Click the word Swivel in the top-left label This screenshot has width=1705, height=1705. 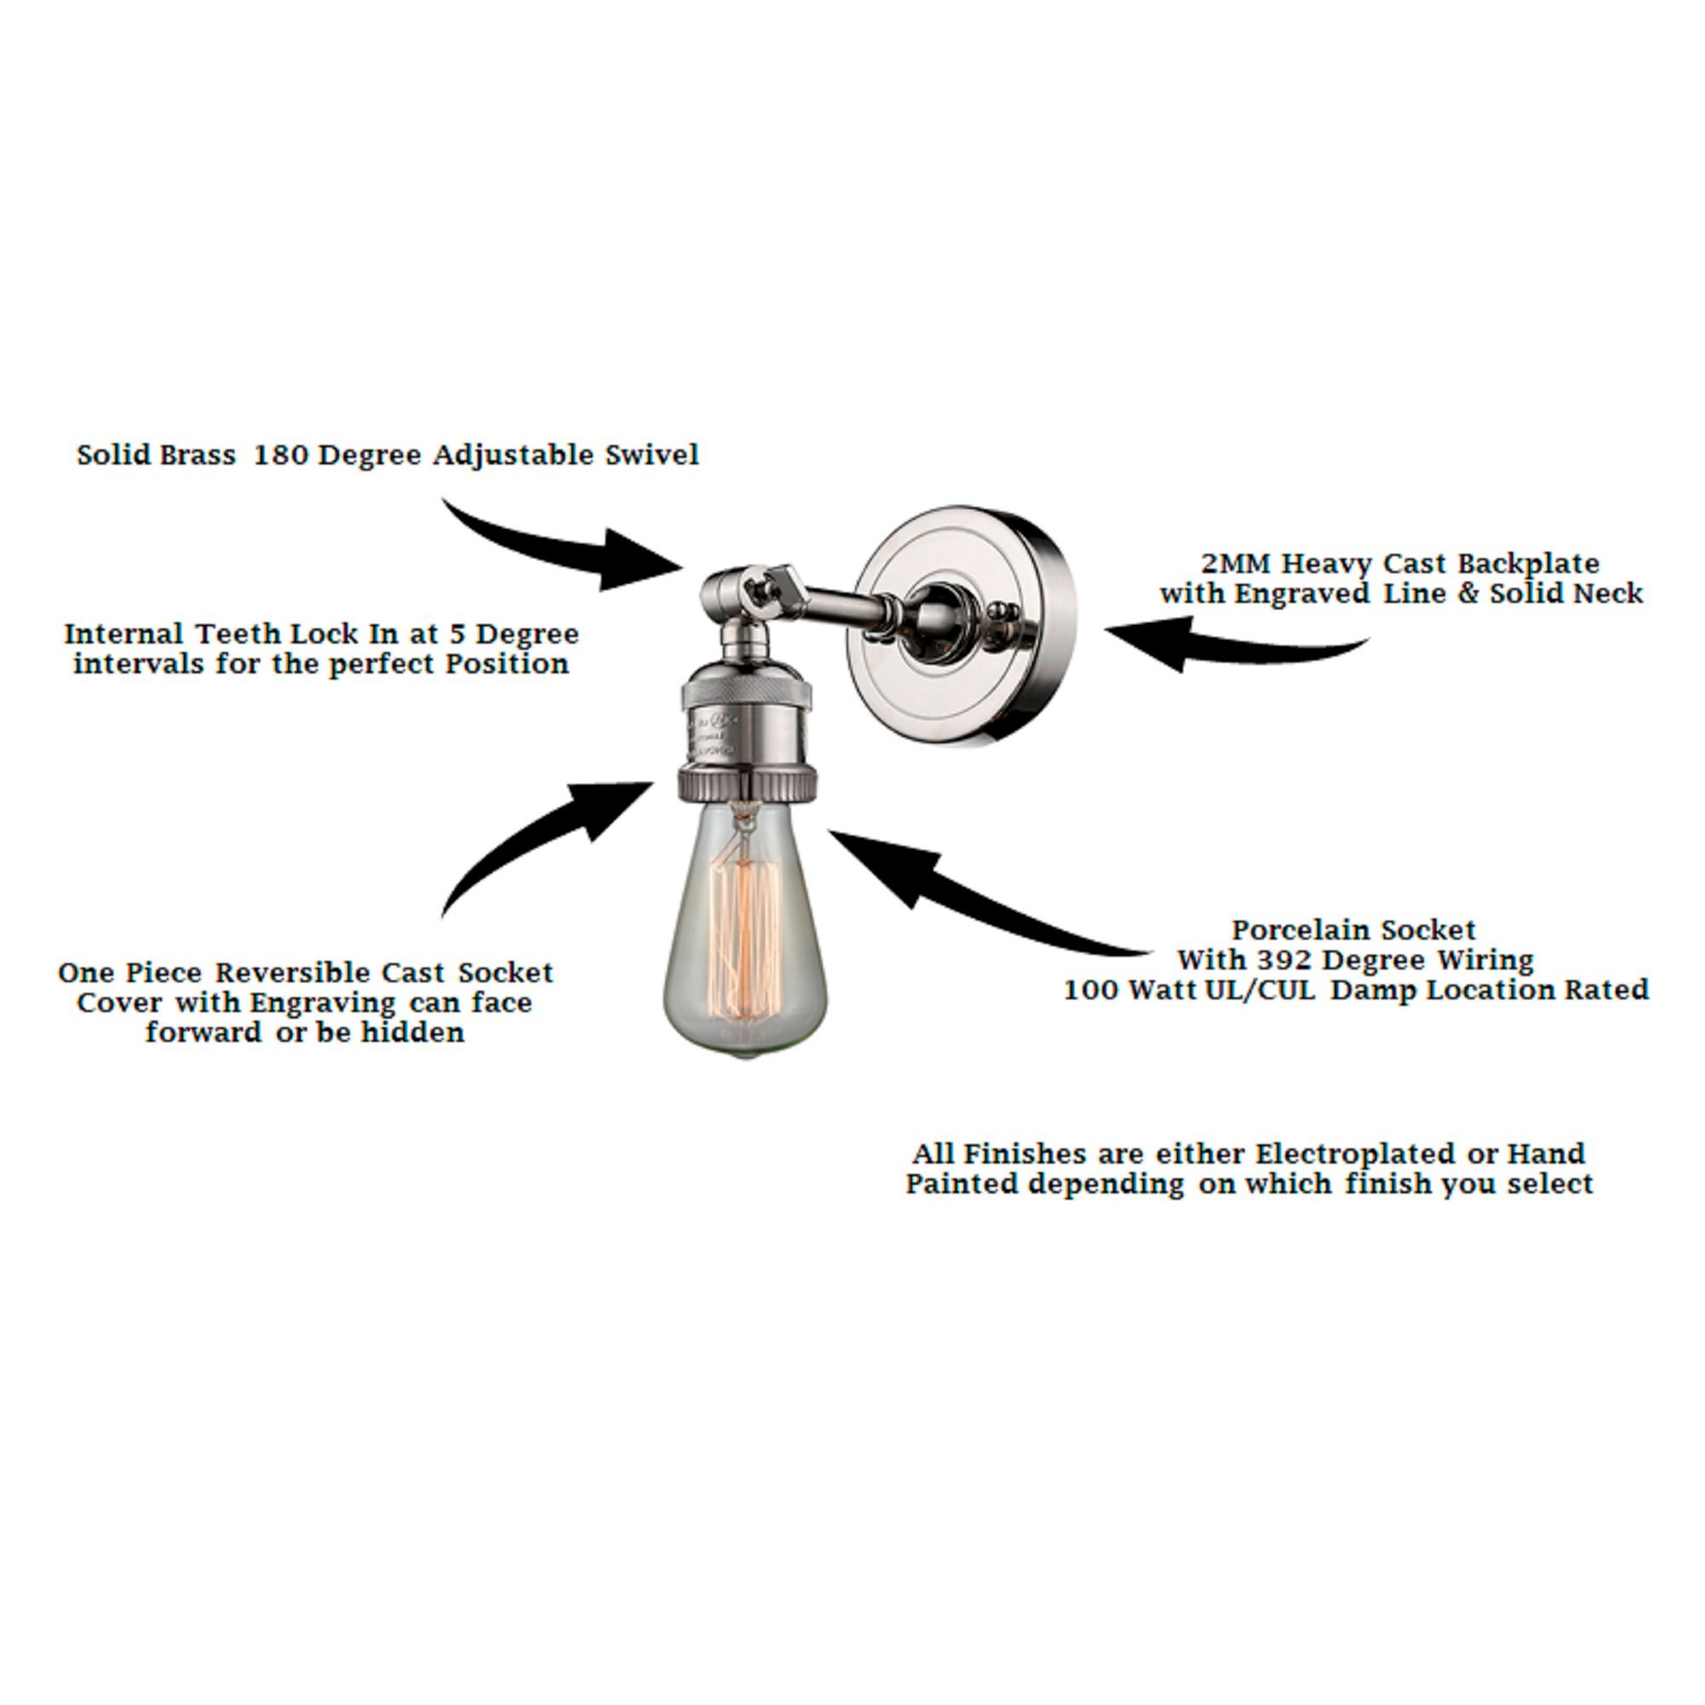[651, 455]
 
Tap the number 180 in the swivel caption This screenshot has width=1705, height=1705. [280, 455]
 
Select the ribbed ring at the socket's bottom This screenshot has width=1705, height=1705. [747, 781]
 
